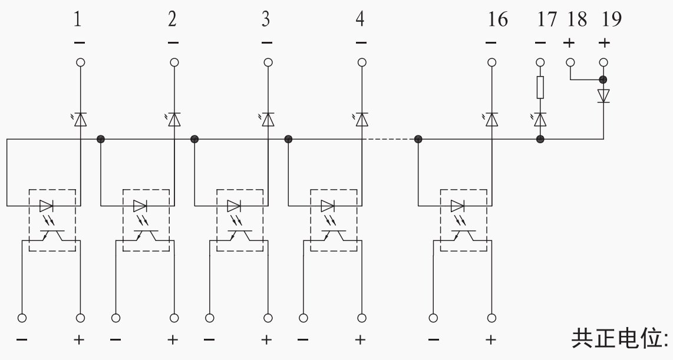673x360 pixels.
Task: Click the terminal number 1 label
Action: [78, 19]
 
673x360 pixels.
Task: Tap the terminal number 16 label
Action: [497, 19]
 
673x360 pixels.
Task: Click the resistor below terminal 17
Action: [540, 88]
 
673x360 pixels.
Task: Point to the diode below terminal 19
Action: [603, 95]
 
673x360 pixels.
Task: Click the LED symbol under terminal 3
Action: [267, 119]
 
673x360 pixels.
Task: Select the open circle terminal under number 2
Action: [174, 62]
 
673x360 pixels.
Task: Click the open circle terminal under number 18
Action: [570, 62]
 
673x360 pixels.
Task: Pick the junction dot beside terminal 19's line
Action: [603, 80]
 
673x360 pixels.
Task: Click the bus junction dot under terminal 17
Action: [540, 139]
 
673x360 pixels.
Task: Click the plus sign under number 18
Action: [569, 43]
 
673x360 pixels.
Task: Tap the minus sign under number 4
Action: [361, 43]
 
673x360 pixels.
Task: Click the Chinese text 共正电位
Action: [620, 339]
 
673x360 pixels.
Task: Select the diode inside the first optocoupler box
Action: [47, 206]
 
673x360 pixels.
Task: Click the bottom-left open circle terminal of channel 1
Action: [22, 318]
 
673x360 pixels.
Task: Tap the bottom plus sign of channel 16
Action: [491, 340]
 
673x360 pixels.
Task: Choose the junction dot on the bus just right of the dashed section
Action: [418, 139]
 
